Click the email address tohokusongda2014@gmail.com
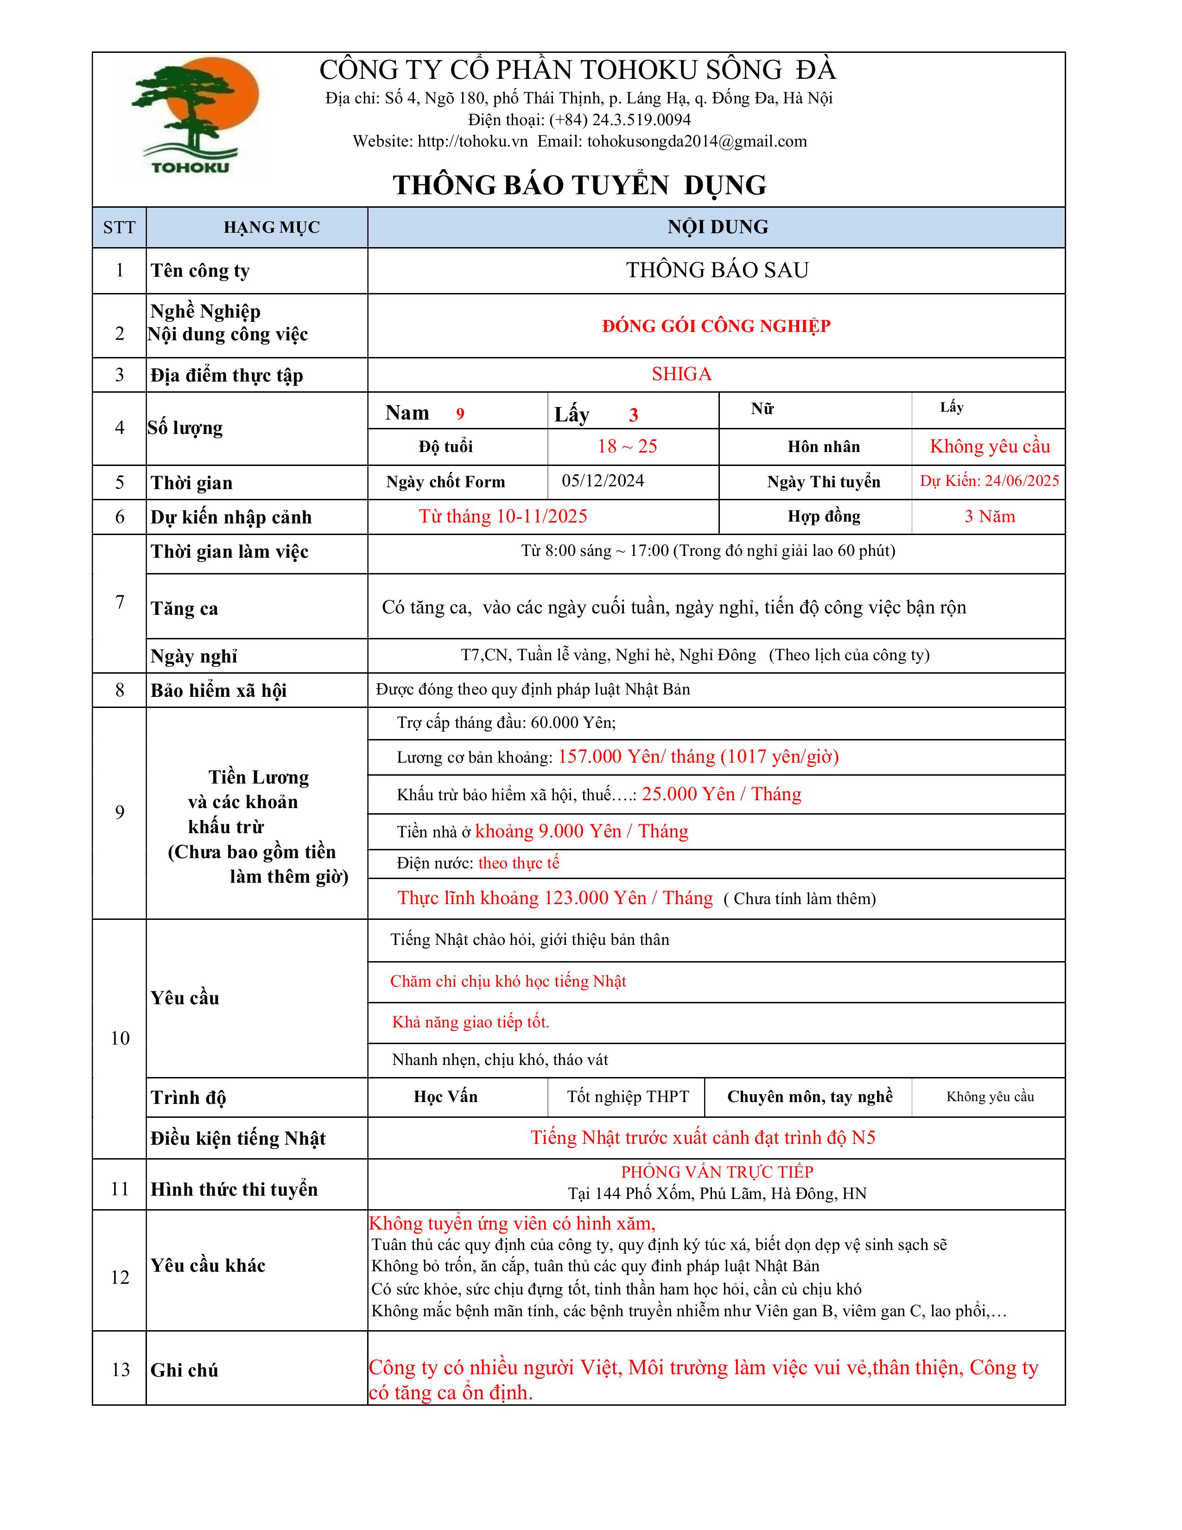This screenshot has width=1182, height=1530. (697, 141)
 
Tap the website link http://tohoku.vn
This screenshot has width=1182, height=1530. (473, 141)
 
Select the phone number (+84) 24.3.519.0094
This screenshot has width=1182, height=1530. (620, 120)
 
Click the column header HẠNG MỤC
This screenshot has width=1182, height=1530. (271, 228)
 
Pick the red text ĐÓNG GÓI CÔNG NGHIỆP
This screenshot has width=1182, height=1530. (716, 326)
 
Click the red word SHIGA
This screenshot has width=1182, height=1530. (681, 374)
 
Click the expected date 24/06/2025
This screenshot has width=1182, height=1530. (1021, 481)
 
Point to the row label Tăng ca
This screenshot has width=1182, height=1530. (184, 609)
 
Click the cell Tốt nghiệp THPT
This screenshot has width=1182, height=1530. (628, 1096)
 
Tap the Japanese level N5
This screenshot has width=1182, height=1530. (863, 1138)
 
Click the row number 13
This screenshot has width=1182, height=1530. (121, 1370)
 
